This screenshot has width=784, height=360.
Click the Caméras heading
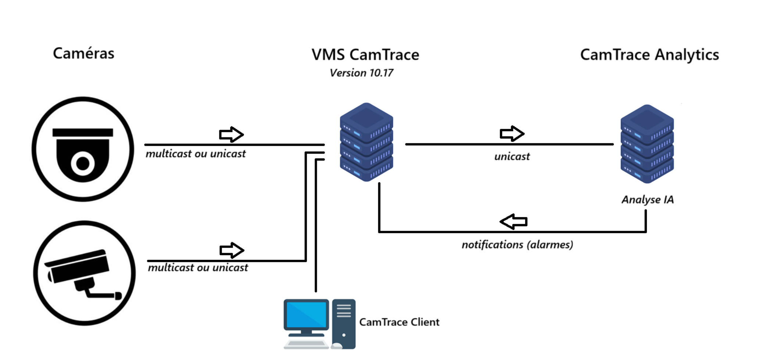tap(83, 54)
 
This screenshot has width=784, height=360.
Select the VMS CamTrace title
tap(365, 55)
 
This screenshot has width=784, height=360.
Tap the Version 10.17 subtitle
tap(361, 73)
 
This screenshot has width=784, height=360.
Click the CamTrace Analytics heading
tap(649, 55)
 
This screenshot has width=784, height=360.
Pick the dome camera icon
tap(83, 149)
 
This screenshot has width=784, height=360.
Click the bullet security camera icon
tap(84, 273)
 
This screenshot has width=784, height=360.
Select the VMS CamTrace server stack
tap(366, 142)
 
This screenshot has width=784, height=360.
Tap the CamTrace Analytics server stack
tap(647, 144)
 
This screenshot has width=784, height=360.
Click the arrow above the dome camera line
tap(231, 134)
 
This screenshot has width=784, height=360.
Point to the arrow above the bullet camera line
tap(232, 250)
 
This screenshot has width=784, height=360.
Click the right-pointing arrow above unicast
tap(512, 133)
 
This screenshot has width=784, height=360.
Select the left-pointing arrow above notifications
tap(513, 222)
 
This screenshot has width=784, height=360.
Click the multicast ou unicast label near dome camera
tap(196, 154)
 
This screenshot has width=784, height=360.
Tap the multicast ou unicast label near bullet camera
tap(198, 268)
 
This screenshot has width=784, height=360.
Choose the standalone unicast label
tap(512, 157)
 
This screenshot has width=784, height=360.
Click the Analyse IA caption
tap(647, 200)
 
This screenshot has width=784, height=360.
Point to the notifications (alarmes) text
tap(517, 245)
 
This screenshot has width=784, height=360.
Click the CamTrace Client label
tap(399, 322)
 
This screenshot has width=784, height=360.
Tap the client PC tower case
tap(344, 323)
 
